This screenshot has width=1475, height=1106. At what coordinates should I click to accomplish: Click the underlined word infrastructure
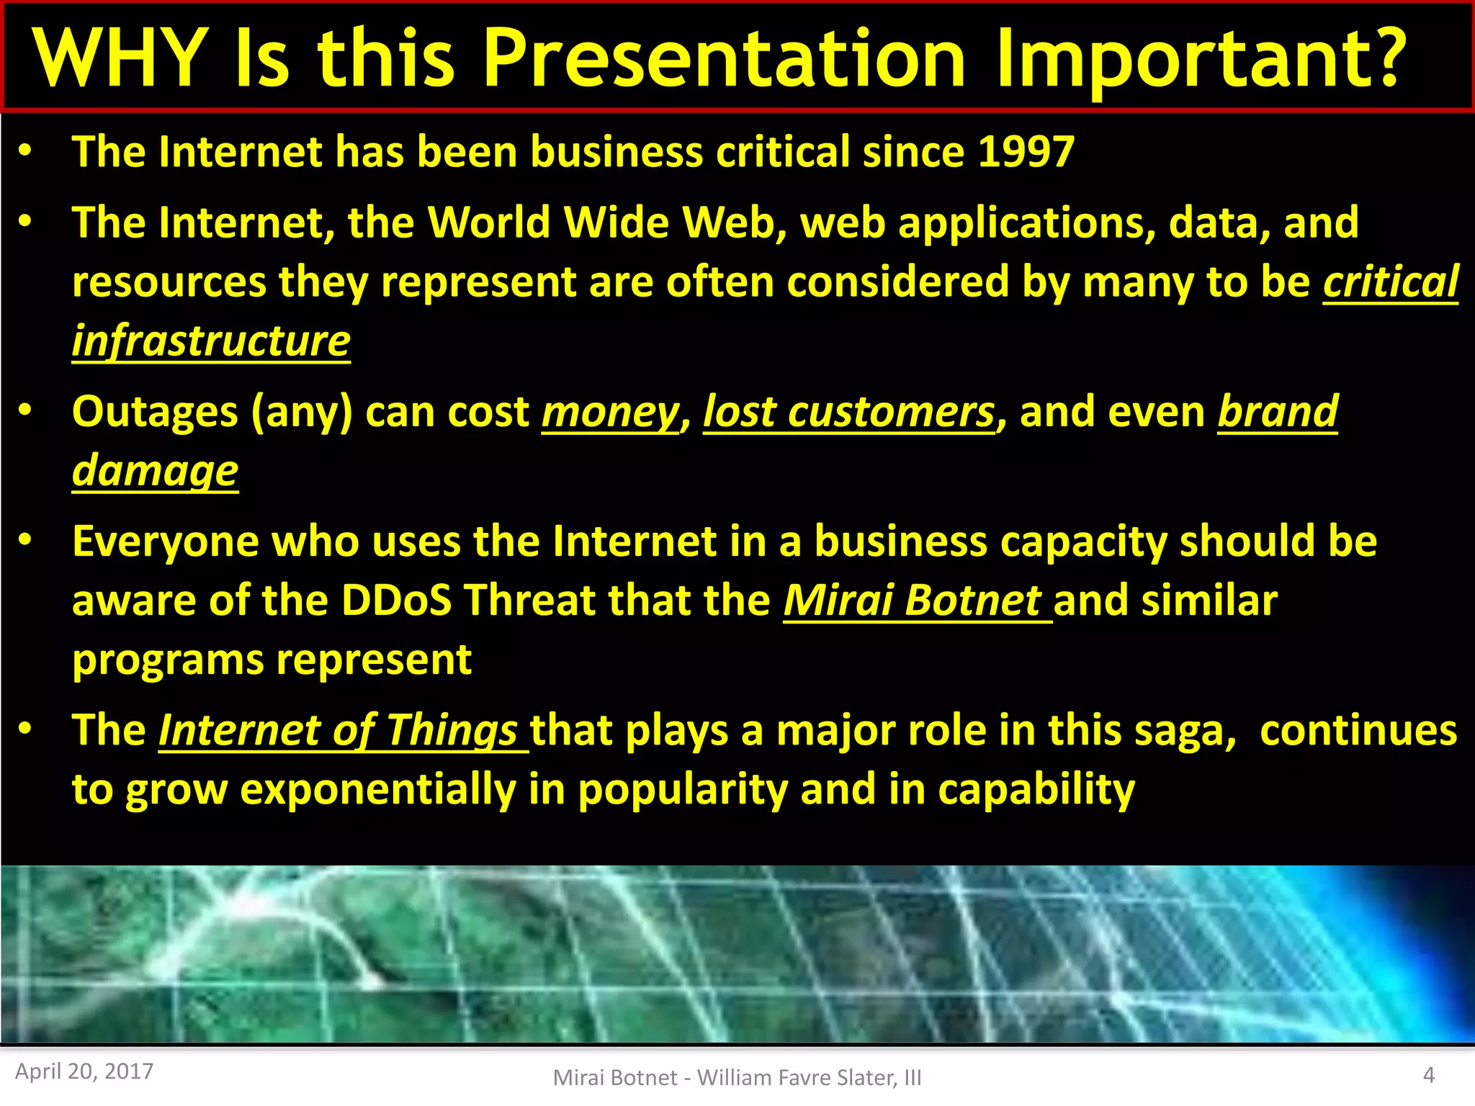click(211, 341)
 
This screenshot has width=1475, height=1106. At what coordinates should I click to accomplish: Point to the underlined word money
click(610, 413)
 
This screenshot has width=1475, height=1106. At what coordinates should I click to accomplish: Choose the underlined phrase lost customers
click(848, 413)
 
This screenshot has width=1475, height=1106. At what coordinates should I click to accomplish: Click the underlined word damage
click(155, 472)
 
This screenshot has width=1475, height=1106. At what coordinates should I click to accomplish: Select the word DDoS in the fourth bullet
click(396, 601)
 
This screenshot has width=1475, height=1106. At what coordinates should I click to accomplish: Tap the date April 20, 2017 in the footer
click(84, 1071)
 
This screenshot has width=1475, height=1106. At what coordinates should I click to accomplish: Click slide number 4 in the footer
click(1429, 1075)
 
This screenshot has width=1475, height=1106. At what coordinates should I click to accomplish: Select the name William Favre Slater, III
click(809, 1077)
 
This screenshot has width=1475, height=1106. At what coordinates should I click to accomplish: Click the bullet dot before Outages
click(25, 410)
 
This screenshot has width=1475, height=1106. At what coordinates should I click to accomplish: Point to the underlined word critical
click(1390, 282)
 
